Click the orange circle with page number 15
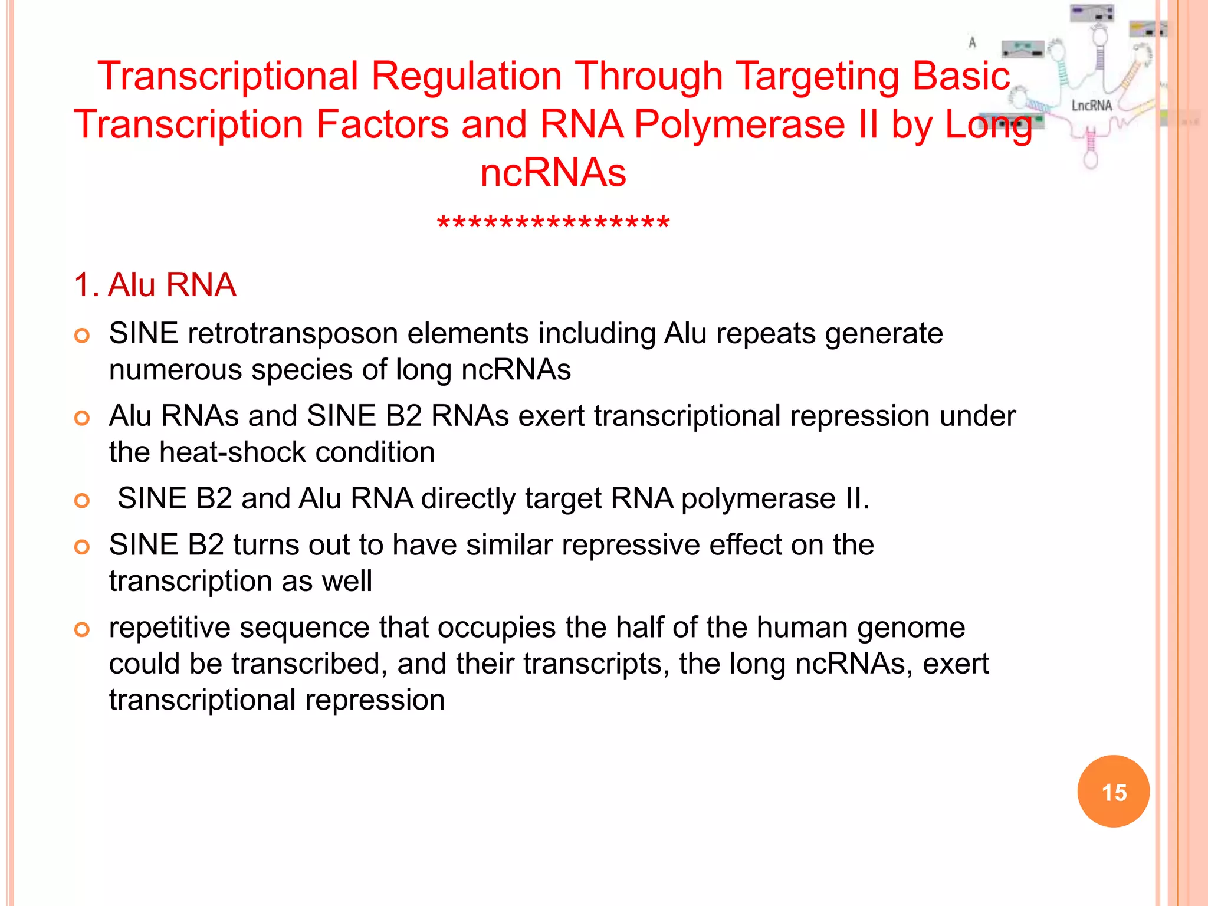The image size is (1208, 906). coord(1113,792)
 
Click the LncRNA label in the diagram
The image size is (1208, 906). coord(1091,106)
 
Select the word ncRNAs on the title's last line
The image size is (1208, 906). coord(553,173)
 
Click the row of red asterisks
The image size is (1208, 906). coord(553,225)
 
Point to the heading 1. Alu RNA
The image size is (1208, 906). coord(155,285)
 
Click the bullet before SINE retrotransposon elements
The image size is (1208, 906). coord(82,336)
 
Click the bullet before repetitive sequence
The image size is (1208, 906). coord(82,630)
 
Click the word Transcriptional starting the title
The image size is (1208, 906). coord(228,77)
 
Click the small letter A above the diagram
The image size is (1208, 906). coord(972,42)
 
